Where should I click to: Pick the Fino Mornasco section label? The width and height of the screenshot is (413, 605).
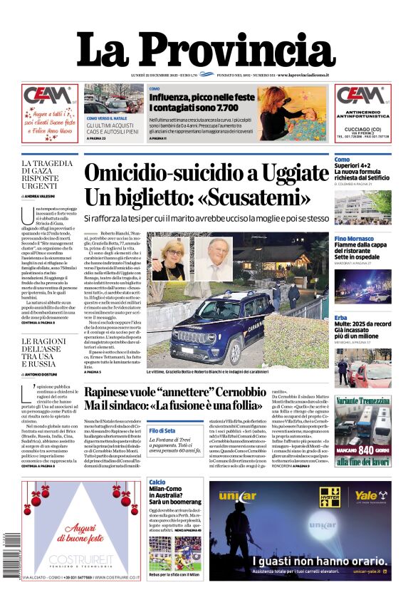coord(353,238)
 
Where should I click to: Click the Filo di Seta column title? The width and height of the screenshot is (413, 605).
coord(162,431)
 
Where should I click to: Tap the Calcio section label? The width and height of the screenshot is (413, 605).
coord(157,482)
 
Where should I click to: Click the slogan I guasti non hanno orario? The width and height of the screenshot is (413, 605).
coord(299,561)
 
